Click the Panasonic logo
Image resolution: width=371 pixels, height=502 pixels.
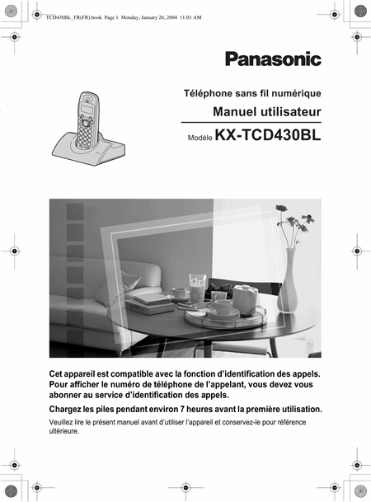click(x=273, y=59)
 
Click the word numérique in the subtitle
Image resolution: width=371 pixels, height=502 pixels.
click(x=296, y=94)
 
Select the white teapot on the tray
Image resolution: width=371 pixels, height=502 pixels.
click(x=246, y=298)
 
